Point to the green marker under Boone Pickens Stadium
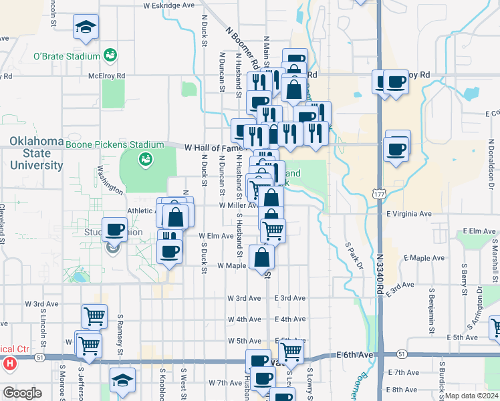click(x=144, y=159)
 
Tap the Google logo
click(x=22, y=393)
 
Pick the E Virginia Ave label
click(x=409, y=214)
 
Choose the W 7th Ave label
click(x=225, y=383)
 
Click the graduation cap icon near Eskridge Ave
click(x=85, y=27)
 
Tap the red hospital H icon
click(x=9, y=364)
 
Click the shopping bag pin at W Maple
click(x=261, y=257)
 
